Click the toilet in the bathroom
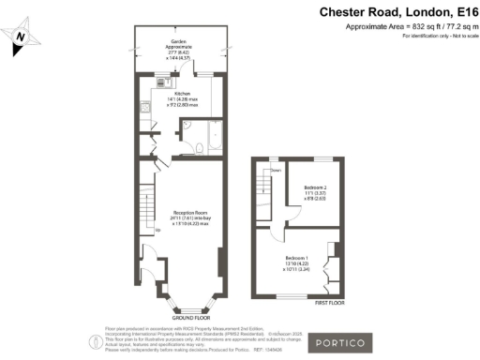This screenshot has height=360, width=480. coord(188,148)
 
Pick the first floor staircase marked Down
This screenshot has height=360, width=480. coord(266,192)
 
